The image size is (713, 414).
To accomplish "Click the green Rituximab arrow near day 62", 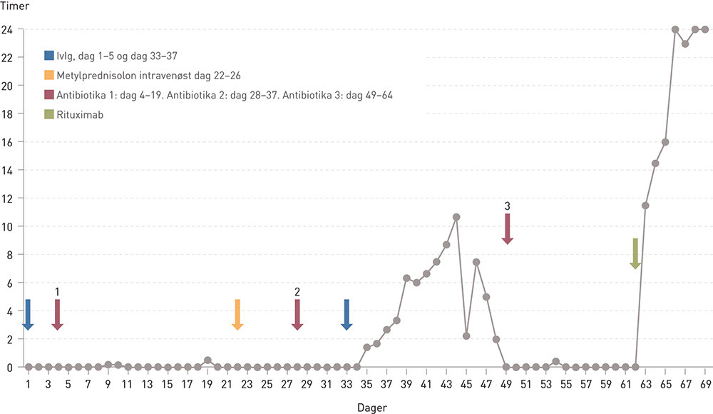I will tap(635, 253).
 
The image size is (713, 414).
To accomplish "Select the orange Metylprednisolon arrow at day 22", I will tap(237, 315).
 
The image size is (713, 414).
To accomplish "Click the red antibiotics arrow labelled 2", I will tap(297, 315).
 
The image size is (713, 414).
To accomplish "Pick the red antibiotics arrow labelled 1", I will tap(58, 315).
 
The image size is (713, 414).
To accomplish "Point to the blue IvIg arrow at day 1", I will tap(28, 315).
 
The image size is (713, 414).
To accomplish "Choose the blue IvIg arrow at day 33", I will tap(347, 315).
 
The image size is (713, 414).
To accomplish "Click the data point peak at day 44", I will tap(456, 217).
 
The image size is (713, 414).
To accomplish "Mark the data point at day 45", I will tap(466, 335).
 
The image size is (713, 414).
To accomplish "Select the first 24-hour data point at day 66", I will tap(675, 29).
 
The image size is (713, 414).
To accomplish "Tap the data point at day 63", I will tap(645, 206).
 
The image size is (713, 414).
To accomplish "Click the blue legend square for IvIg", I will tap(48, 56).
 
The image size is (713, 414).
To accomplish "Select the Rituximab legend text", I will tap(81, 114).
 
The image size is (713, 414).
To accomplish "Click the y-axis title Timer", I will tap(14, 7).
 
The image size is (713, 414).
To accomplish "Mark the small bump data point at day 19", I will tap(207, 360).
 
